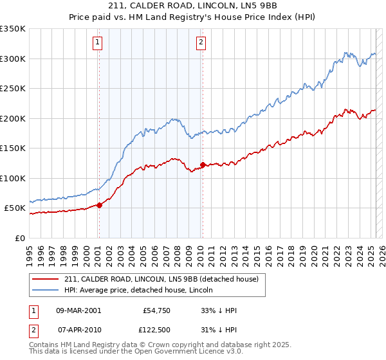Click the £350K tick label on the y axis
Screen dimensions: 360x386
click(x=13, y=29)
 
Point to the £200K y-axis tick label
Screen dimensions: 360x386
click(x=13, y=118)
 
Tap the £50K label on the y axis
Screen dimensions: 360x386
click(x=15, y=208)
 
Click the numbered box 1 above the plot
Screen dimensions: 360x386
click(x=97, y=43)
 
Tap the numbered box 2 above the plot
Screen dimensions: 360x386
click(x=201, y=43)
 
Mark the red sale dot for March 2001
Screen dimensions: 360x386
click(x=99, y=205)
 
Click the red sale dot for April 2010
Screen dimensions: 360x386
click(x=203, y=165)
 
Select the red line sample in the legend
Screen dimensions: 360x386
click(x=46, y=279)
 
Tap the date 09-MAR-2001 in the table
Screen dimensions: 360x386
click(x=78, y=310)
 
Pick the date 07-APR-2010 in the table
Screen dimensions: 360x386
click(x=78, y=329)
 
